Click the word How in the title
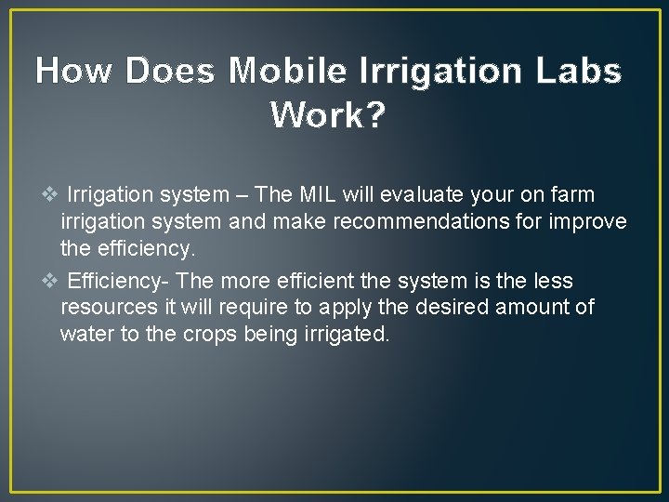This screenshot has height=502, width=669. click(x=77, y=71)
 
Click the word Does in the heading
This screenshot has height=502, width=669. click(x=175, y=71)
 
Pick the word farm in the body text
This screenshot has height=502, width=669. click(x=573, y=195)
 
